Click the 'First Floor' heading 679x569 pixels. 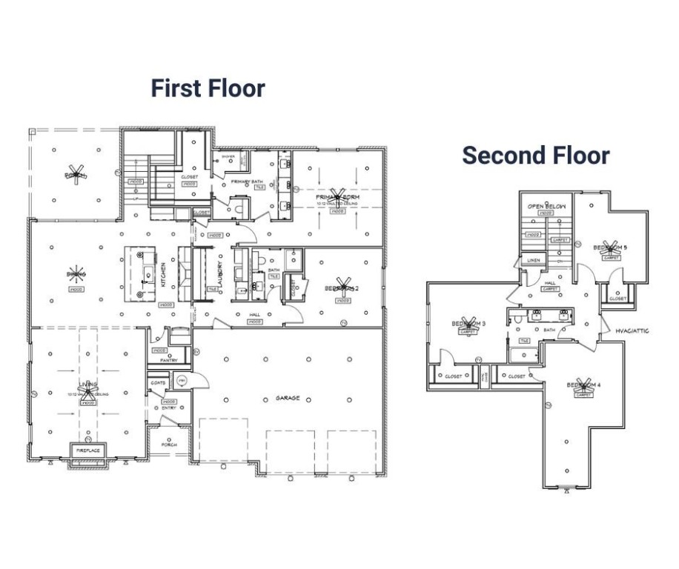[208, 88]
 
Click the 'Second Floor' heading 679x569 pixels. [535, 155]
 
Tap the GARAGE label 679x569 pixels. [288, 399]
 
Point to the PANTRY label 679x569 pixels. [168, 361]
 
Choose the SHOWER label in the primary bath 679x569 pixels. [228, 156]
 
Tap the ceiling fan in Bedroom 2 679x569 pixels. [342, 287]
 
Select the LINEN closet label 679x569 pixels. [532, 261]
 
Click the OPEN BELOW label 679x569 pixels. [546, 206]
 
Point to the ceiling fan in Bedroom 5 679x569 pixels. [611, 247]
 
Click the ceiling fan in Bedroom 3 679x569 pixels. [468, 324]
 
